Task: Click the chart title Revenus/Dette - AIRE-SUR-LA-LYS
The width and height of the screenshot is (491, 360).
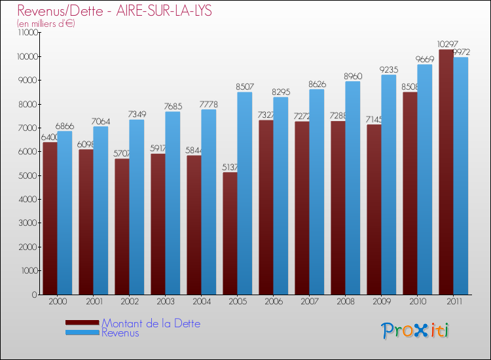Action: coord(115,11)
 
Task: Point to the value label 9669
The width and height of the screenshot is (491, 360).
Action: coord(424,59)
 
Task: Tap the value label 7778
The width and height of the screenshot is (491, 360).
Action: coord(208,104)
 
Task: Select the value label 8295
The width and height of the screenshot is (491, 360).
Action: coord(280,92)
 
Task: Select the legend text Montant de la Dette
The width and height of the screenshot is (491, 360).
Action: coord(151,323)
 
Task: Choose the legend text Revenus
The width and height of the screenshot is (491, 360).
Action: coord(120,333)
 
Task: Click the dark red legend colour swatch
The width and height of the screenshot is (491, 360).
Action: coord(82,323)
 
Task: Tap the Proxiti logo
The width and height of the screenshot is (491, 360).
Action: coord(415,331)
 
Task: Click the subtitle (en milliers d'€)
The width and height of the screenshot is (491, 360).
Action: coord(46,24)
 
